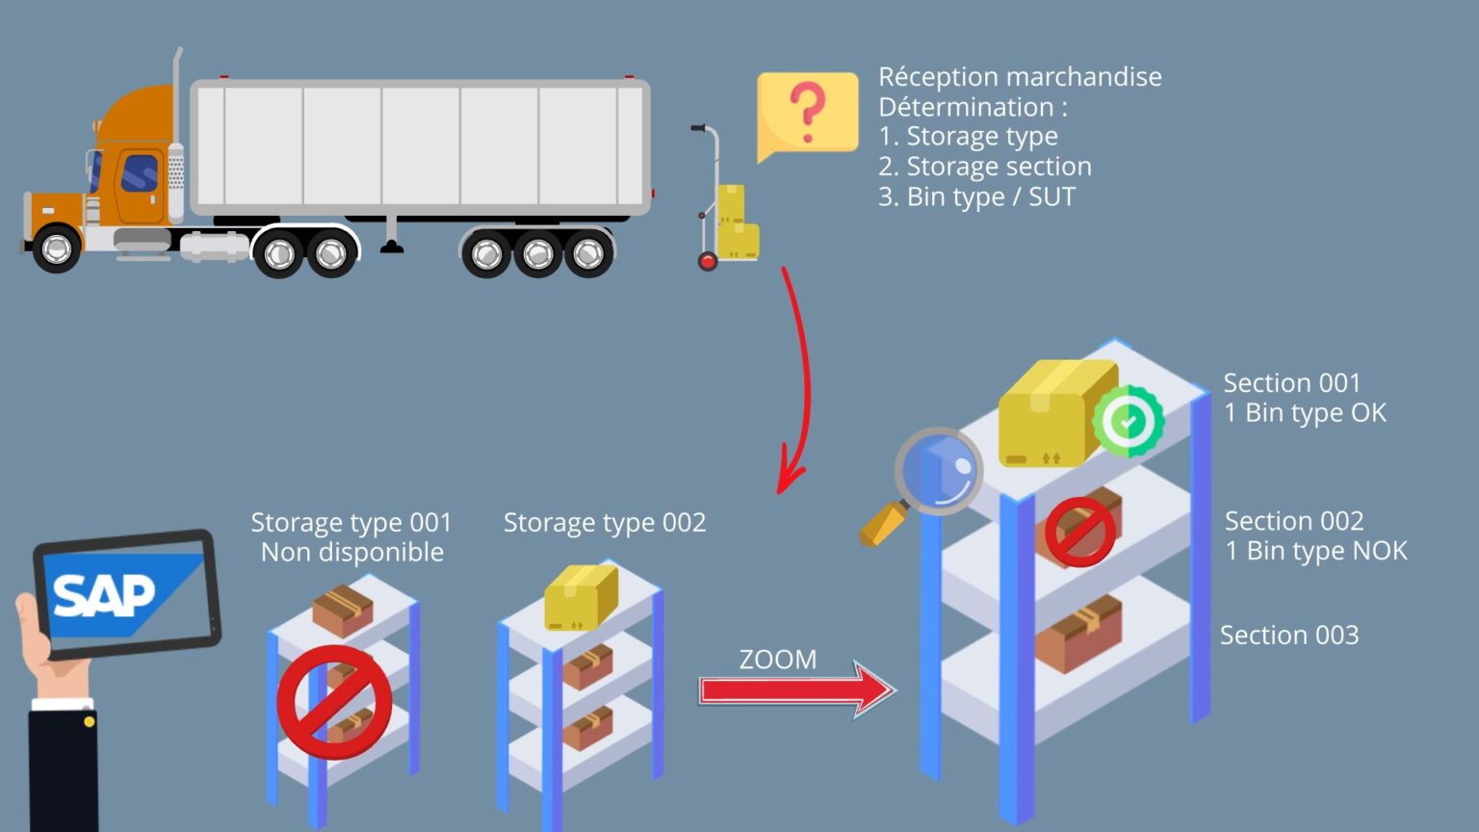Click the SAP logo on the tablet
click(x=104, y=595)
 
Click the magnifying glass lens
click(x=940, y=471)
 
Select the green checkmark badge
click(x=1129, y=421)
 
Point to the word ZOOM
click(x=777, y=660)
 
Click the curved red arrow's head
click(x=789, y=477)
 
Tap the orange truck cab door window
click(x=141, y=173)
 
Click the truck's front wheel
click(x=56, y=249)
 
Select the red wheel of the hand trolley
click(x=708, y=261)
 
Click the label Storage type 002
click(x=605, y=523)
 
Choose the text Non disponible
click(x=352, y=553)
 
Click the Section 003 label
click(x=1289, y=636)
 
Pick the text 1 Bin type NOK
click(x=1315, y=551)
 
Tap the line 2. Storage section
click(x=984, y=167)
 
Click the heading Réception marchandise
click(x=1020, y=77)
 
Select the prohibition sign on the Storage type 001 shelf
click(x=334, y=701)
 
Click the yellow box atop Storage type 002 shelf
click(x=581, y=597)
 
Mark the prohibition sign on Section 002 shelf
click(x=1079, y=532)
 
